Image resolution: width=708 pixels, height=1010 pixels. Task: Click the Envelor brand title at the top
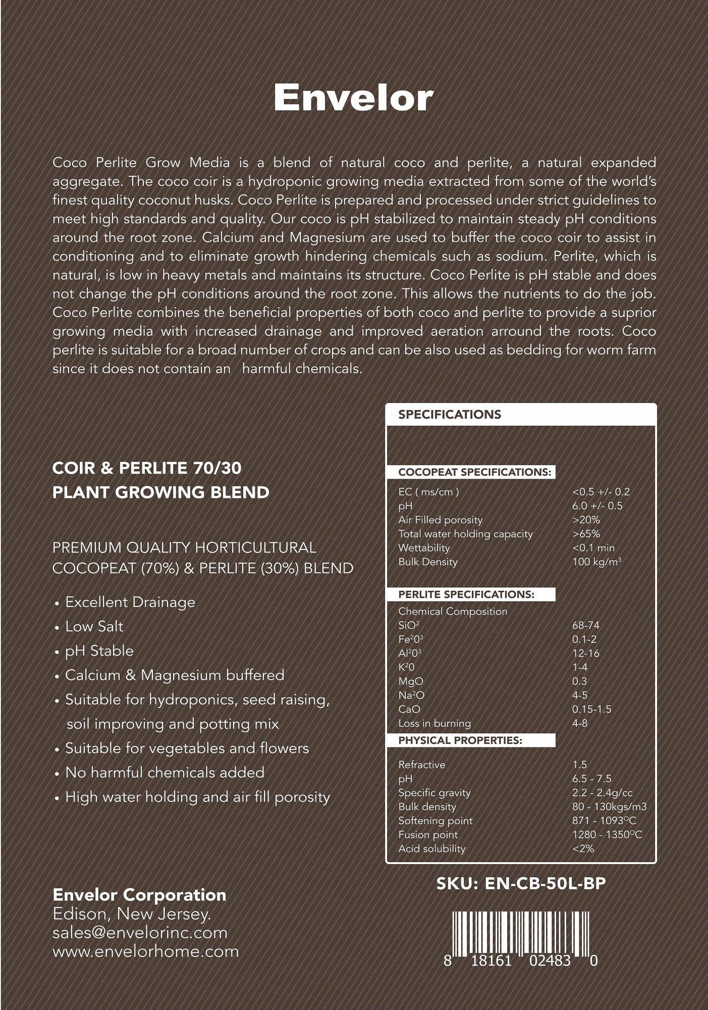click(x=353, y=98)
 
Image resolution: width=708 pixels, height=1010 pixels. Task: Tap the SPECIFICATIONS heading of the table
click(x=449, y=415)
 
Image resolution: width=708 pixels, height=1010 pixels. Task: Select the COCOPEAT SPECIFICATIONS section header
click(x=474, y=472)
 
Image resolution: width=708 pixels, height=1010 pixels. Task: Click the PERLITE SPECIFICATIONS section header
click(x=466, y=594)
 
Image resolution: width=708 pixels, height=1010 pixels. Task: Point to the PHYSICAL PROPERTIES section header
click(x=460, y=740)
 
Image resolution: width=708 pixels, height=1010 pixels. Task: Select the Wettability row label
click(x=423, y=548)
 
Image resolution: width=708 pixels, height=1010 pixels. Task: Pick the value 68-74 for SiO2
click(x=585, y=625)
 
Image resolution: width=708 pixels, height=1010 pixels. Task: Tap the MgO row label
click(x=410, y=681)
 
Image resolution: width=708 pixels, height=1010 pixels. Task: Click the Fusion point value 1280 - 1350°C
click(x=607, y=835)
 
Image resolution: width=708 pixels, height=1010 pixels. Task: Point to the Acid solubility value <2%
click(x=583, y=849)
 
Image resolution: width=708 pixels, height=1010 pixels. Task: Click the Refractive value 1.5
click(x=579, y=765)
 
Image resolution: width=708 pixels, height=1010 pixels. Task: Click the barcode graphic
click(x=520, y=932)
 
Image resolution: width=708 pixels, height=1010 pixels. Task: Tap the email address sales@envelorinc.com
click(x=140, y=933)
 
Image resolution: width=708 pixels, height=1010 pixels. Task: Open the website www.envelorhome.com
click(x=145, y=951)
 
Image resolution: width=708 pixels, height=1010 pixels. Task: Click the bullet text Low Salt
click(x=94, y=627)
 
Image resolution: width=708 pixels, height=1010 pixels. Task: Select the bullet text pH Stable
click(x=99, y=651)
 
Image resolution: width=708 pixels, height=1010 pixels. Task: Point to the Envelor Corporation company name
click(x=139, y=895)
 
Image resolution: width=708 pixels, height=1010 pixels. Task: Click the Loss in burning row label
click(x=434, y=723)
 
